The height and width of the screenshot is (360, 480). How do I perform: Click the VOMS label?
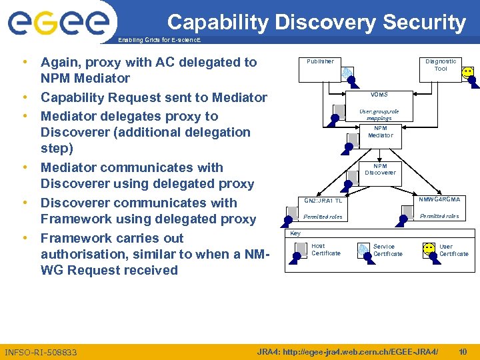(379, 95)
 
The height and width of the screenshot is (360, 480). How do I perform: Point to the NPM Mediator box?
(380, 132)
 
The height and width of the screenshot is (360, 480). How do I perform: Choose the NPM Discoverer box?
(380, 169)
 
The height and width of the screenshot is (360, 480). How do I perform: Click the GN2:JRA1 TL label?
(323, 200)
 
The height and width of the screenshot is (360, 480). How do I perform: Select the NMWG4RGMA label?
(439, 199)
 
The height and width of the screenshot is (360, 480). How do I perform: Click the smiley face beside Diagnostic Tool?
(468, 72)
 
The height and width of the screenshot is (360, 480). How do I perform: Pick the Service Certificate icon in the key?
(363, 249)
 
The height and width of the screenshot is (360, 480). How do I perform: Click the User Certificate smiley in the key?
(429, 249)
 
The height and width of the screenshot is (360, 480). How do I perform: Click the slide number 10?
(463, 351)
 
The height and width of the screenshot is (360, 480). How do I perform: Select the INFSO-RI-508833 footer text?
(41, 352)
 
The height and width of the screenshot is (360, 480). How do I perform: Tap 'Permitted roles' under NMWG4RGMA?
(439, 216)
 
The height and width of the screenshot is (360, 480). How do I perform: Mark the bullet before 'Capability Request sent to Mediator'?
(25, 97)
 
